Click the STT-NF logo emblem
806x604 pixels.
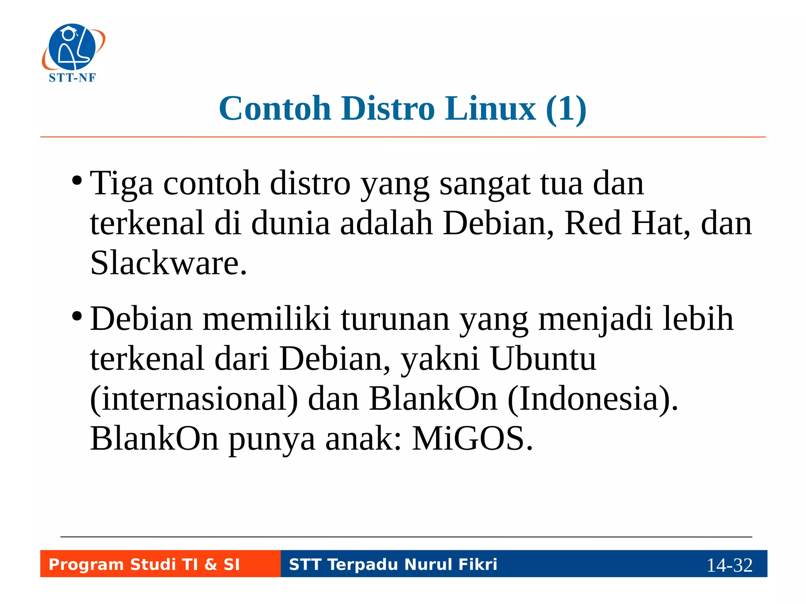(73, 47)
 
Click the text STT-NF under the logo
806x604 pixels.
(72, 78)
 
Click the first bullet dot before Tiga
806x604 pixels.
(77, 181)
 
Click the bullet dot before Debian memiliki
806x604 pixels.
(77, 316)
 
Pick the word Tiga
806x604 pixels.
(121, 184)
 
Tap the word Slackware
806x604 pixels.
(168, 263)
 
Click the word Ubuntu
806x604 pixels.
(543, 359)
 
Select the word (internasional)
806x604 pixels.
(194, 399)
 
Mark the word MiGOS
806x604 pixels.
(472, 438)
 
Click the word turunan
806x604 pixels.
(395, 319)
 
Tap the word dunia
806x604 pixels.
(290, 223)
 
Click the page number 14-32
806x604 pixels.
(729, 565)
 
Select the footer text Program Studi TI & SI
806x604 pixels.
(144, 564)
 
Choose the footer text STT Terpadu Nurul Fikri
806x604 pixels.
(393, 564)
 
